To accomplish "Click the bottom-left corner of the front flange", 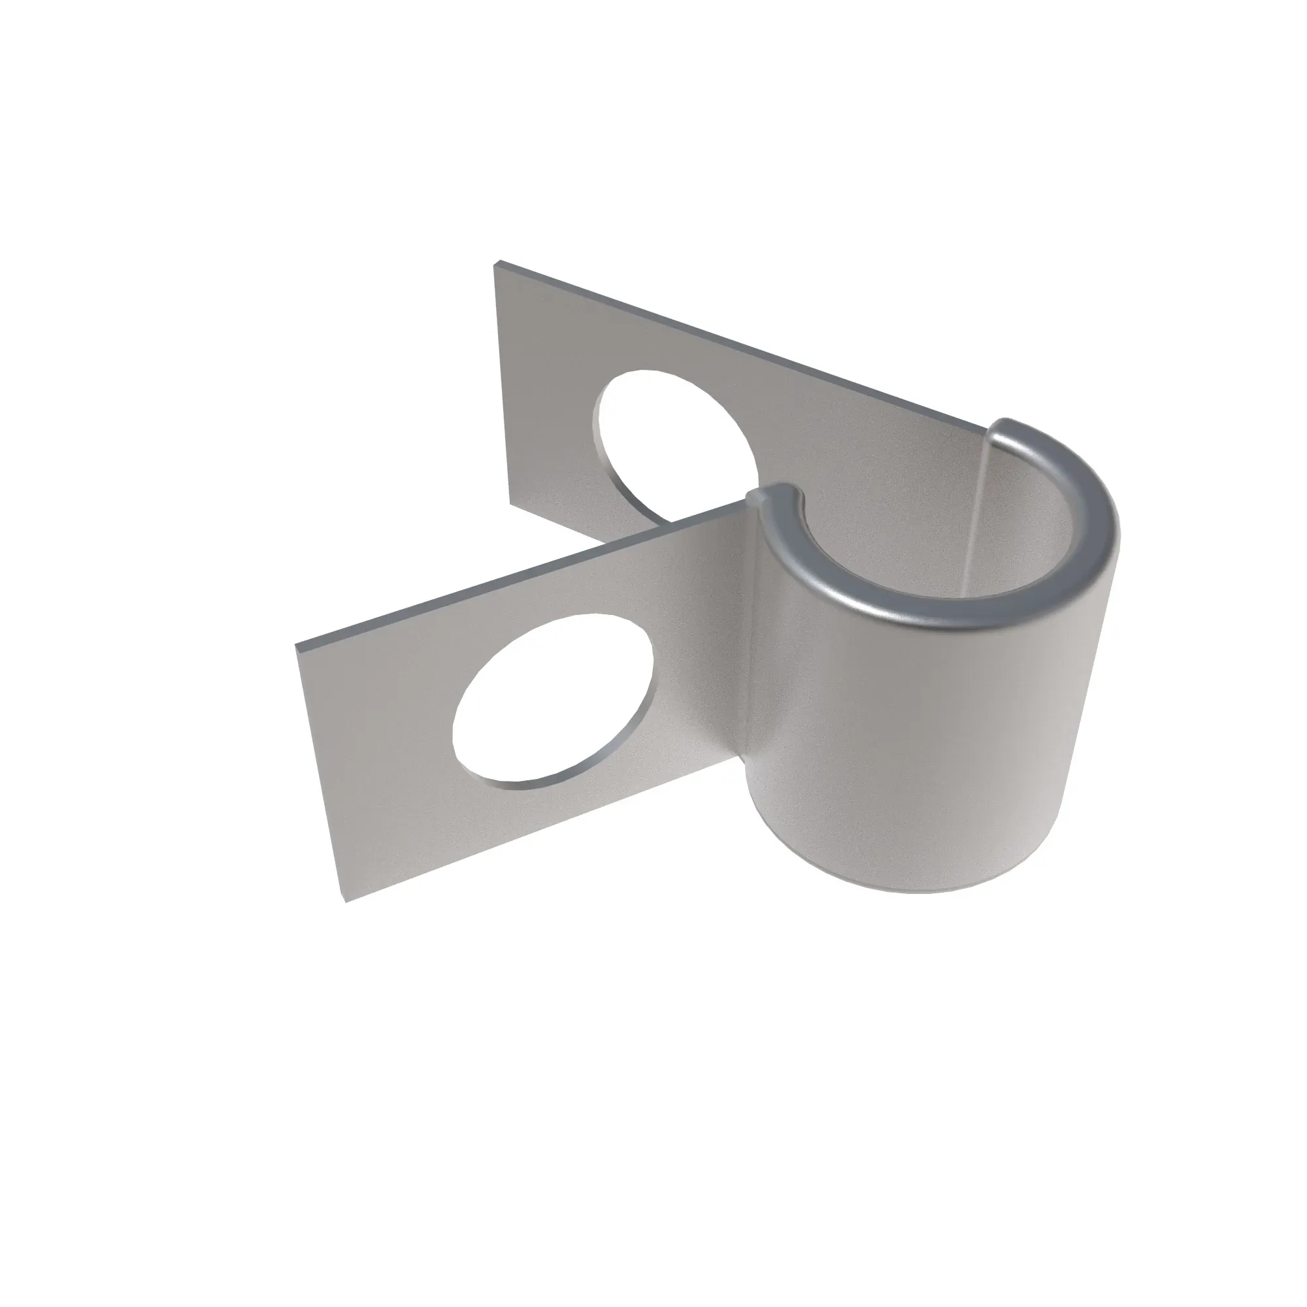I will [346, 902].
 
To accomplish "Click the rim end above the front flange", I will [771, 494].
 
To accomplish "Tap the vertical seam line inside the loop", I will [974, 514].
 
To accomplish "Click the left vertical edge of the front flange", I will [321, 771].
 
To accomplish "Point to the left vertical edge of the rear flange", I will [503, 386].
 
